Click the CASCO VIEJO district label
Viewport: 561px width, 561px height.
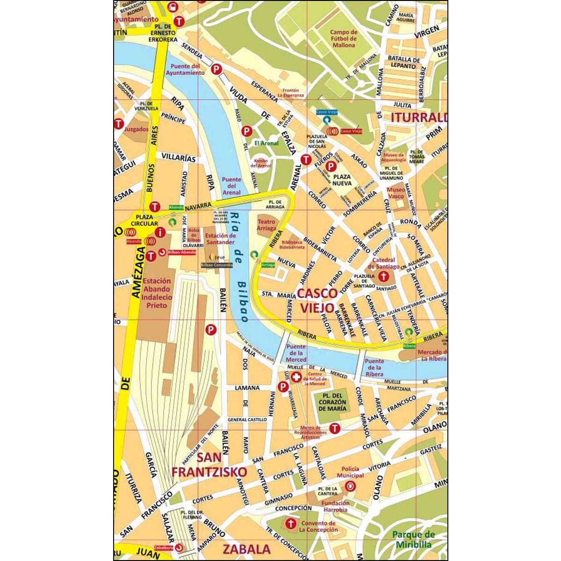(317, 300)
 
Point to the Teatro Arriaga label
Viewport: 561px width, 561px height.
(266, 225)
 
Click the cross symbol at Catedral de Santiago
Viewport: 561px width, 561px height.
(383, 276)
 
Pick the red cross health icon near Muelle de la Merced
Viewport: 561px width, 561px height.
(296, 377)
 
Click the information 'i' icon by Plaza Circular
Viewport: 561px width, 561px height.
(161, 231)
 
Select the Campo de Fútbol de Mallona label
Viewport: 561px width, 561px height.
(344, 39)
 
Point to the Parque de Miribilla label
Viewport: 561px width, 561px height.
(413, 539)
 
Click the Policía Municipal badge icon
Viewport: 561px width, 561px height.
(350, 486)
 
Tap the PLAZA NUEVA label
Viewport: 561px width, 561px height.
(342, 180)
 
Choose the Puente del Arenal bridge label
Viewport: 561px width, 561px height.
(231, 186)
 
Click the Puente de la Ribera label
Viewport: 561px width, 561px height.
(374, 367)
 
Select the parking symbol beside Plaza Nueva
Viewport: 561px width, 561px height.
(331, 166)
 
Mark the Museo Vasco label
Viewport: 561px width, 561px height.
(396, 193)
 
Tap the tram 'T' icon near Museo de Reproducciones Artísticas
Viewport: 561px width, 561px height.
(334, 428)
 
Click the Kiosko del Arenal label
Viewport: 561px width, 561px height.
(261, 163)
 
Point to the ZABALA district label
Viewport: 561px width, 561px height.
(246, 549)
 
